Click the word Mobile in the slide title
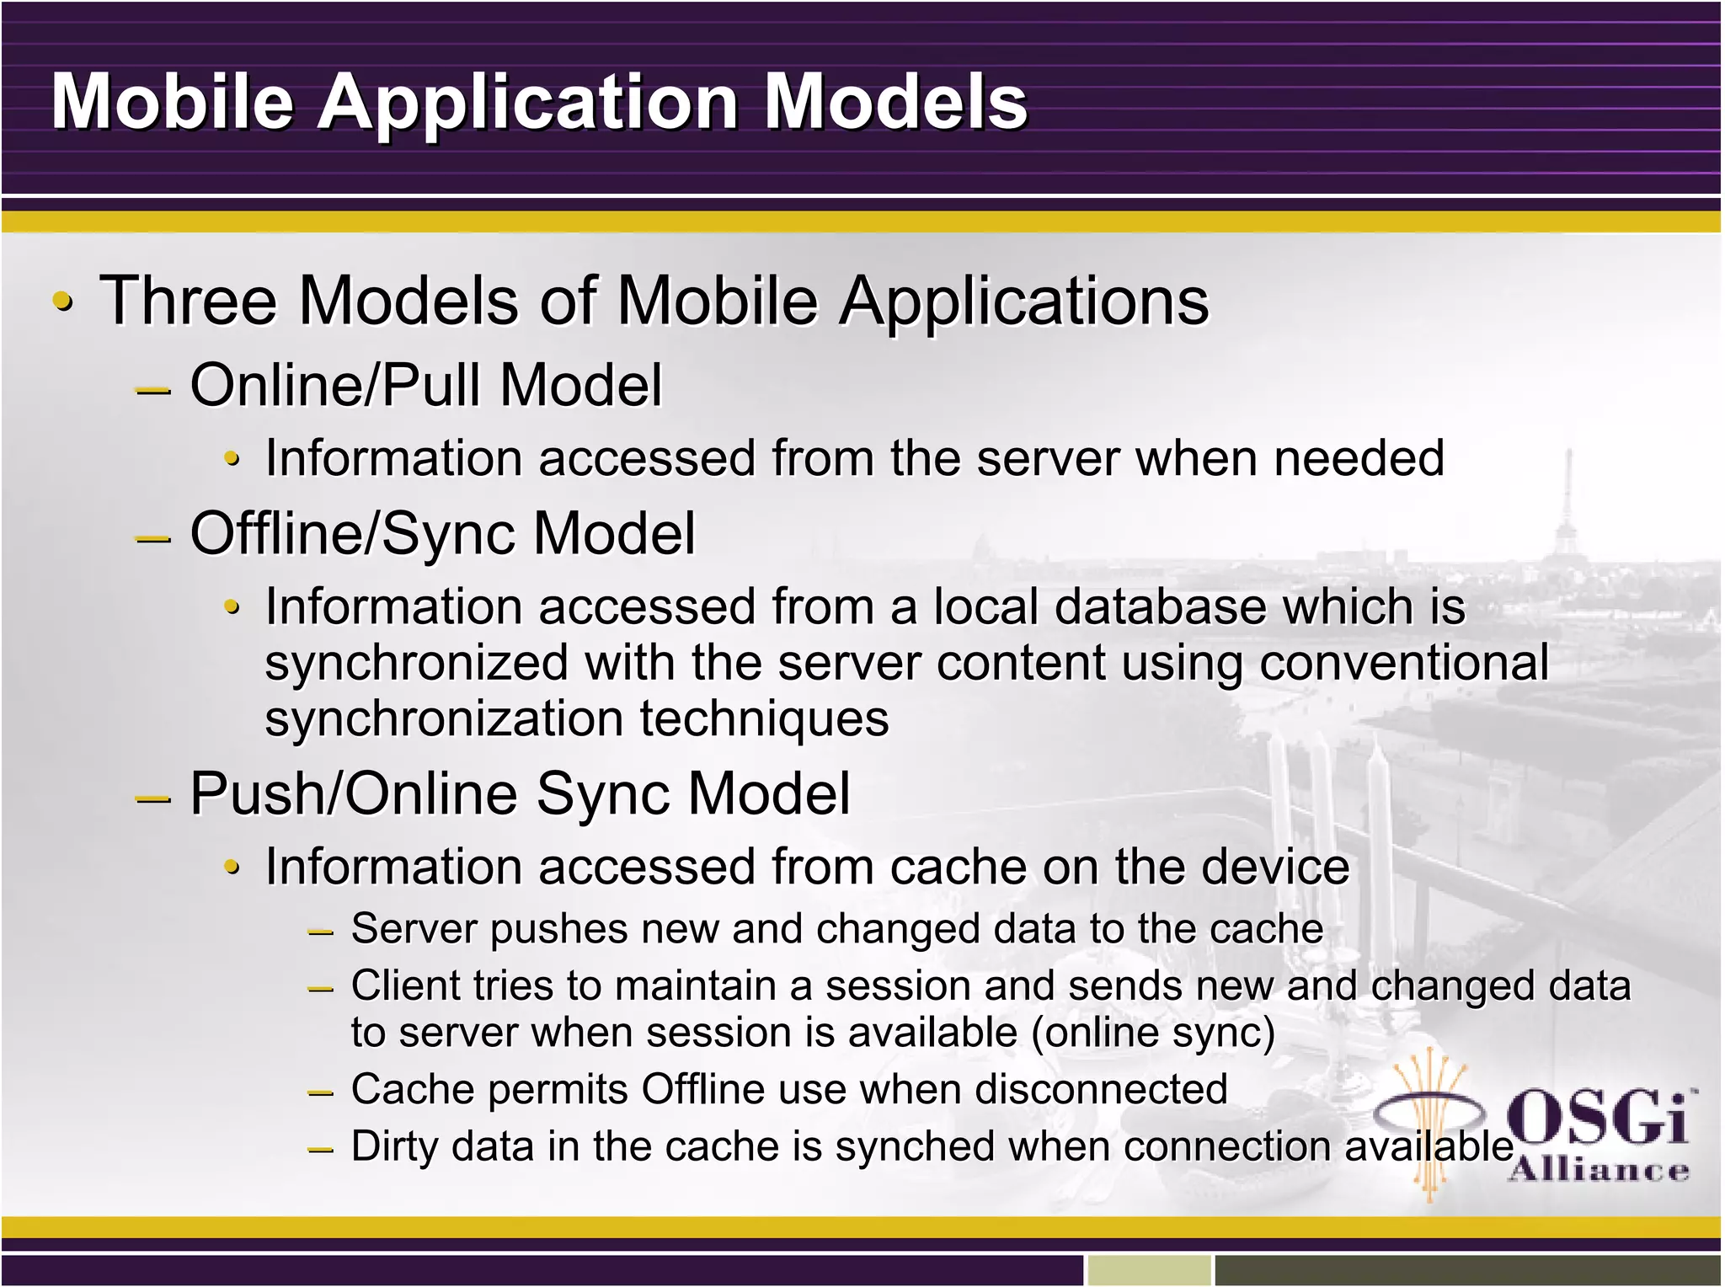(x=173, y=102)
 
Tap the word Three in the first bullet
(x=188, y=302)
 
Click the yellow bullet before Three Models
(x=63, y=302)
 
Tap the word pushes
(x=559, y=930)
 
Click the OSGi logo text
(x=1596, y=1120)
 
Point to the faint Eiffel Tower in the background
(x=1567, y=514)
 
